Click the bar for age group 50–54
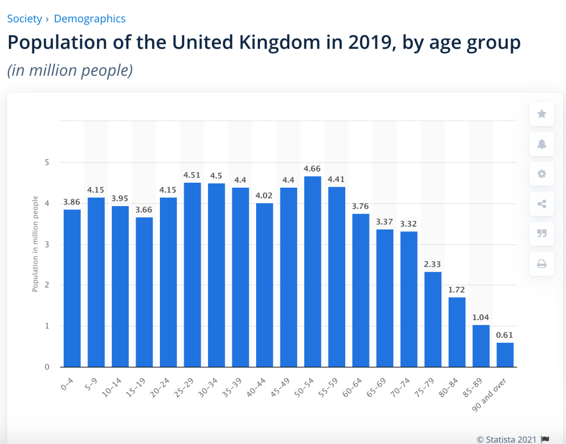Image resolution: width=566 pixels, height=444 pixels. click(x=313, y=271)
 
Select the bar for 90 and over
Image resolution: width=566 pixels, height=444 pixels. click(x=505, y=355)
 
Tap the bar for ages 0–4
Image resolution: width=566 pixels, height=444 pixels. click(x=72, y=288)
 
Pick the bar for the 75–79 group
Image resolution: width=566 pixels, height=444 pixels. click(x=433, y=319)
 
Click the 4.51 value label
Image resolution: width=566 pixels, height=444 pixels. click(x=192, y=175)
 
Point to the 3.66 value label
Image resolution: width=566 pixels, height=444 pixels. click(x=144, y=210)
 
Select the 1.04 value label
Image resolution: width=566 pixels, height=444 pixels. click(x=481, y=318)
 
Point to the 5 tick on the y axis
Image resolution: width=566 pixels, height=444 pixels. click(x=47, y=163)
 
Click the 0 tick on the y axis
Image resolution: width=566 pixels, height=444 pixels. click(x=47, y=367)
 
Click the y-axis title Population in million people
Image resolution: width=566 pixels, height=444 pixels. click(x=35, y=244)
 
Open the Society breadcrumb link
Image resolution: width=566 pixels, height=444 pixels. click(x=24, y=19)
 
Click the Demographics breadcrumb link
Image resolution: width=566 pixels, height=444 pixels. click(x=90, y=19)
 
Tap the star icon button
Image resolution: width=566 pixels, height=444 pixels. click(x=542, y=114)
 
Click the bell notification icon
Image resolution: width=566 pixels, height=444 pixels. click(x=542, y=144)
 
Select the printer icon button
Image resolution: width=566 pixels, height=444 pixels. click(x=542, y=264)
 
